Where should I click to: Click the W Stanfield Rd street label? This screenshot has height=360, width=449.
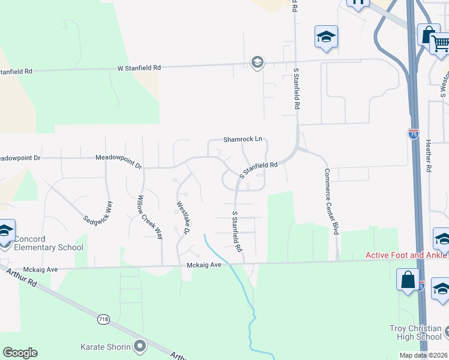tap(139, 68)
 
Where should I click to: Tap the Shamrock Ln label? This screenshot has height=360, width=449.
tap(243, 139)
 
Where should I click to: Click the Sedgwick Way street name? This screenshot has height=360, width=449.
tap(98, 211)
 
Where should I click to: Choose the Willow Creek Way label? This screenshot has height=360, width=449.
tap(150, 217)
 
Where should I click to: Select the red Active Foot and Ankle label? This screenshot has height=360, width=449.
tap(407, 255)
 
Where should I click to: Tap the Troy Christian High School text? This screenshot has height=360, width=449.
tap(415, 333)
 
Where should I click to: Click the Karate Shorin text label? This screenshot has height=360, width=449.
tap(106, 347)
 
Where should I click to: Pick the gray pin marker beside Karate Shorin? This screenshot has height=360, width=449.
tap(140, 346)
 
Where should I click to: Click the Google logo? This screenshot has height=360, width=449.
tap(20, 353)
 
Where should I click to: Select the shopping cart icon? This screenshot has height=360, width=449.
tap(441, 43)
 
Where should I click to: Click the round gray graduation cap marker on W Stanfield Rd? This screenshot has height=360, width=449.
tap(258, 63)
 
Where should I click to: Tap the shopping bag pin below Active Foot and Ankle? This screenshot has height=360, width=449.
tap(408, 280)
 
